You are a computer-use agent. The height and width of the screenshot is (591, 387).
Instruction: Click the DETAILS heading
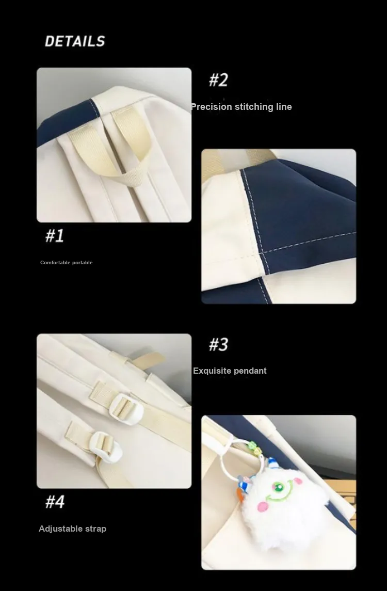point(75,41)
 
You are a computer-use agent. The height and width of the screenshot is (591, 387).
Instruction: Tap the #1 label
point(55,235)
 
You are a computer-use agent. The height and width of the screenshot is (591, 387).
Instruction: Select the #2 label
point(219,80)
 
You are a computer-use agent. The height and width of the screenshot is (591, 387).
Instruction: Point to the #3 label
point(219,344)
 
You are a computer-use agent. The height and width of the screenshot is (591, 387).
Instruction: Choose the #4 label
point(55,502)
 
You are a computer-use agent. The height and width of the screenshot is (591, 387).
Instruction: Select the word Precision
point(212,107)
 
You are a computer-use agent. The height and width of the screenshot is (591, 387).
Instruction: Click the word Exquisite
point(211,371)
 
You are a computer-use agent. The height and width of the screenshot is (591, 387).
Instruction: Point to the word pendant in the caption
point(249,371)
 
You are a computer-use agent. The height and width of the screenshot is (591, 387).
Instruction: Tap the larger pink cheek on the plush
point(262,507)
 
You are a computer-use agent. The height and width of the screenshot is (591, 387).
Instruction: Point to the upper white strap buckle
point(124,408)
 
